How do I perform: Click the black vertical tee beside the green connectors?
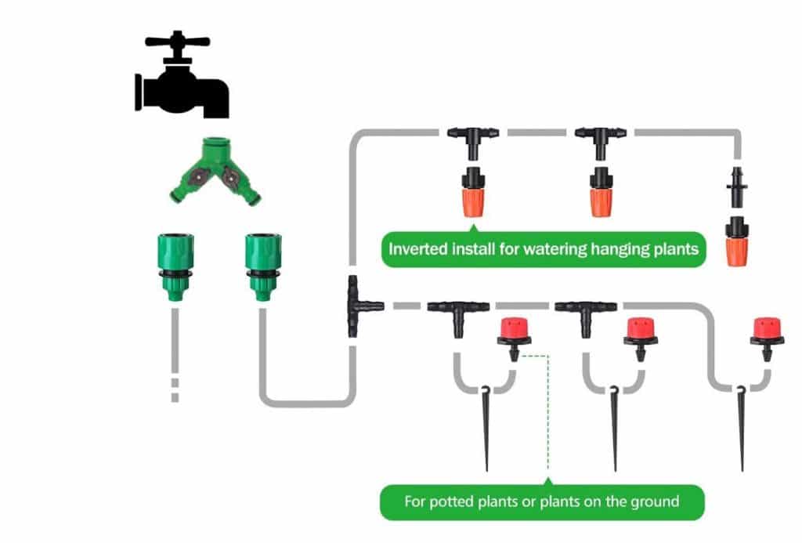click(356, 306)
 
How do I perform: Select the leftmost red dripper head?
click(514, 332)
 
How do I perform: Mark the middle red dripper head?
click(640, 332)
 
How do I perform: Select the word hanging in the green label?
click(618, 252)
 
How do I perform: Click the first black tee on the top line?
click(474, 137)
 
